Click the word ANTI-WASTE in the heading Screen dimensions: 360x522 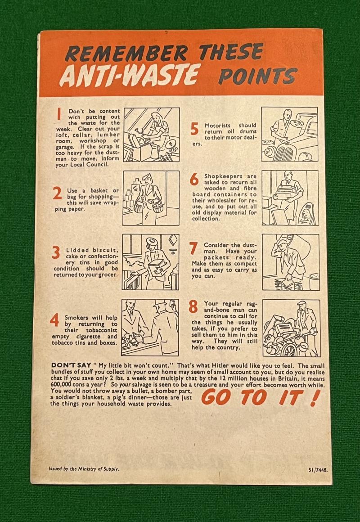click(x=130, y=75)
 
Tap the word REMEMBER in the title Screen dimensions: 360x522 click(x=126, y=53)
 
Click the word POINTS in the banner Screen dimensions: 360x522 click(x=258, y=76)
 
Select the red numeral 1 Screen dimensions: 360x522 click(x=59, y=114)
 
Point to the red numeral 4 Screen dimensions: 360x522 click(x=54, y=320)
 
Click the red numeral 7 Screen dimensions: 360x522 click(x=193, y=248)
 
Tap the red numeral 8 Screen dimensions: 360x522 click(x=193, y=306)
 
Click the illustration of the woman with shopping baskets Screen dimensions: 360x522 click(x=151, y=198)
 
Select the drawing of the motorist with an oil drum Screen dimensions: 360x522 click(x=289, y=134)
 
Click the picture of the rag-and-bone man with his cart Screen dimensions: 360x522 click(x=292, y=328)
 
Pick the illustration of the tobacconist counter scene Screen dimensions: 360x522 click(x=150, y=327)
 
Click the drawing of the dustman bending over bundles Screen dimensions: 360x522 click(x=291, y=262)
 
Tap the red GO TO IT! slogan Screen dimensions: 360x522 click(x=261, y=397)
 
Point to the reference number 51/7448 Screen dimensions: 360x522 click(x=318, y=470)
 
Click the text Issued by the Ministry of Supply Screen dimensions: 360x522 click(x=84, y=469)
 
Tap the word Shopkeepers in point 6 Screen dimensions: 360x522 click(x=219, y=176)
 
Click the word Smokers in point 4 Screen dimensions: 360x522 click(x=77, y=318)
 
